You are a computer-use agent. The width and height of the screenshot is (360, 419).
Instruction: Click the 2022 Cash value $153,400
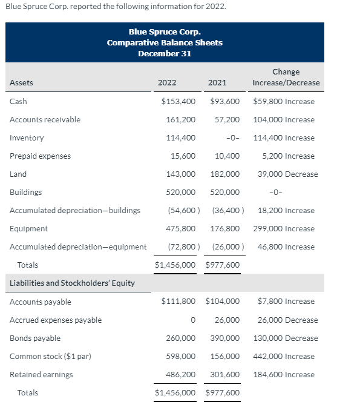pos(178,102)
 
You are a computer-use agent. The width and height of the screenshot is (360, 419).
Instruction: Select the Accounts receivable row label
pos(45,120)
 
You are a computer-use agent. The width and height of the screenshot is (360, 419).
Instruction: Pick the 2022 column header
pos(167,83)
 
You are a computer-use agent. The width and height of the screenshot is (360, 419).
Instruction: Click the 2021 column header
pos(217,83)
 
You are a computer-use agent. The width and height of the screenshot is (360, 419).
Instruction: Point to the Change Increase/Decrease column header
pos(286,78)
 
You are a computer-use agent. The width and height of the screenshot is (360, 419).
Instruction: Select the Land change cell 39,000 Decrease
pos(287,174)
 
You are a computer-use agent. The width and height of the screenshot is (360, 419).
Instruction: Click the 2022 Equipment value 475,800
pos(180,229)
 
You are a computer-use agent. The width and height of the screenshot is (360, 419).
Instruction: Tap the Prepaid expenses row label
pos(40,156)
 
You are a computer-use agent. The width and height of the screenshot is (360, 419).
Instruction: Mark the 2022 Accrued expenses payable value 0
pos(192,320)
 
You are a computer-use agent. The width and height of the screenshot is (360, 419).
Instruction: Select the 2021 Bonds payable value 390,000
pos(224,338)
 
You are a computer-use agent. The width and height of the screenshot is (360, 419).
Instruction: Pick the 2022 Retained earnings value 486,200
pos(180,375)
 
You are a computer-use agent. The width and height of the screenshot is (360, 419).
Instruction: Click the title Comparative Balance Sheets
pos(165,43)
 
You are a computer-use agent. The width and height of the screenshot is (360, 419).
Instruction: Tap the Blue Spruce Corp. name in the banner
pos(165,32)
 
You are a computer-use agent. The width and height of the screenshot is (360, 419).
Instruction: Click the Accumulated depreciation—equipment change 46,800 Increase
pos(286,247)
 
